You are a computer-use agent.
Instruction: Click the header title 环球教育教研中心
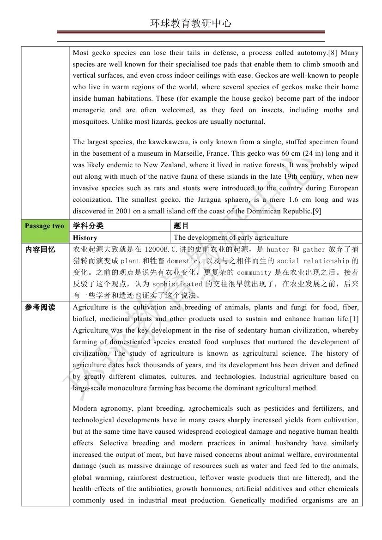[191, 24]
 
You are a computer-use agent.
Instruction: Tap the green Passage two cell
[45, 225]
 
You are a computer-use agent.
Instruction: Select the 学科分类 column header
[89, 225]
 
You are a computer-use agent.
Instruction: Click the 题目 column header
[182, 225]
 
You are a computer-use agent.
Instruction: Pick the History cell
[85, 237]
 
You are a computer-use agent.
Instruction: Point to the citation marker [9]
[317, 211]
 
